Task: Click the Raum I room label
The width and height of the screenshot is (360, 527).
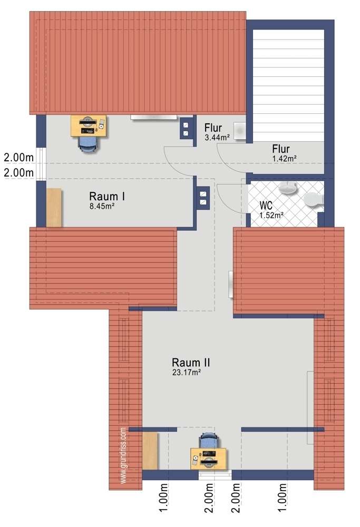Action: click(107, 196)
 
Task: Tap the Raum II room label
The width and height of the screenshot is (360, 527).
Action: click(191, 363)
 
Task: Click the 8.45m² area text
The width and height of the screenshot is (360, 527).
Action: click(102, 206)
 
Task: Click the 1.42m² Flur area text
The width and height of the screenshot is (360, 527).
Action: click(284, 158)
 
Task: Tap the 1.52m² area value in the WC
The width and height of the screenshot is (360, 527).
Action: click(271, 214)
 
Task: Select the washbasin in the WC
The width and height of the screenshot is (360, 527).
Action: click(288, 187)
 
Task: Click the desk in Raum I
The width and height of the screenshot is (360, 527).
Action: click(88, 126)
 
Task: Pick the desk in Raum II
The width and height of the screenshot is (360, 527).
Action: click(209, 458)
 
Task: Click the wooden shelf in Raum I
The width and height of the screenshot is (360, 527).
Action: click(54, 208)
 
